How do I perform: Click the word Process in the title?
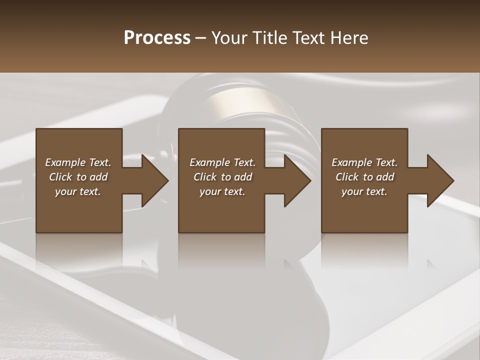[157, 38]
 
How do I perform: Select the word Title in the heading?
[270, 38]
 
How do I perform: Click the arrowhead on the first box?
[154, 181]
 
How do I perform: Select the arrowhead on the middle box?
[297, 181]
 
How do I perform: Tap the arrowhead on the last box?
[440, 181]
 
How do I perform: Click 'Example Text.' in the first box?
[78, 162]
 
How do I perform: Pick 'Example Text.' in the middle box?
[222, 162]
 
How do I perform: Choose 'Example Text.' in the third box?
[364, 162]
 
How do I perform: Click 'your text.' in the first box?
[78, 191]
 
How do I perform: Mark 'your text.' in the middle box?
[222, 191]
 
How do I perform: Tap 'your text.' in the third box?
[364, 191]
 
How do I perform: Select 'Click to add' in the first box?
[78, 177]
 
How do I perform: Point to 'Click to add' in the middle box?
[222, 177]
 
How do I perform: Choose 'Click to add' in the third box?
[364, 177]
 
